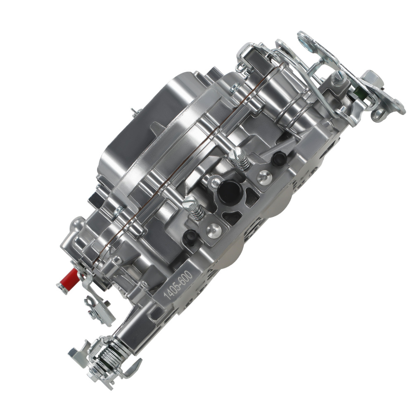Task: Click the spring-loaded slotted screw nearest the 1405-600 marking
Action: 194,205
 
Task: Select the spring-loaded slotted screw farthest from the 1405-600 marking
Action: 240,156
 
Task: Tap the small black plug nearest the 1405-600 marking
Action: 190,236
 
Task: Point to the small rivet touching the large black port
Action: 214,180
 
